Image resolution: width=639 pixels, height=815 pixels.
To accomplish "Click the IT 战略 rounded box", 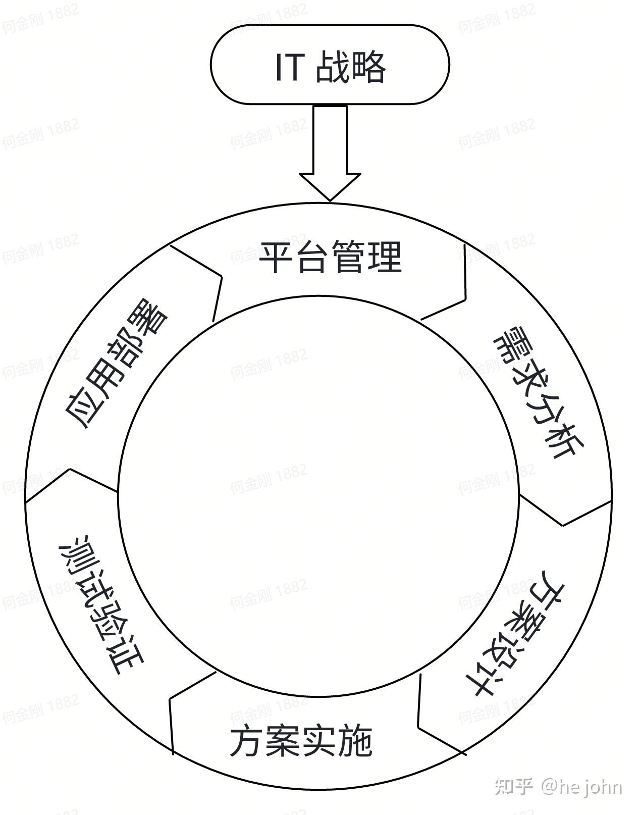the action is click(x=329, y=65).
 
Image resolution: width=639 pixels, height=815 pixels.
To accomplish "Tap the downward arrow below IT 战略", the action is click(x=330, y=151).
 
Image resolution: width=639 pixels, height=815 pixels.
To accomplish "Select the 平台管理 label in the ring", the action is click(x=330, y=258).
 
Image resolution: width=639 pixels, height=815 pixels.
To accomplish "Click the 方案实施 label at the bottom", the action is click(x=301, y=741).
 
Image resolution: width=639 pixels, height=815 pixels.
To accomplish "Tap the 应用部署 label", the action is click(x=116, y=366).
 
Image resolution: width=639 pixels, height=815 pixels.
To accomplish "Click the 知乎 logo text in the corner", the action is click(x=514, y=786).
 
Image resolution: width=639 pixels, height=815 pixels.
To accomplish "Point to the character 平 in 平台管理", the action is click(x=277, y=258).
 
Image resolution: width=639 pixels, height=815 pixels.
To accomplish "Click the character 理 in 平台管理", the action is click(x=385, y=258).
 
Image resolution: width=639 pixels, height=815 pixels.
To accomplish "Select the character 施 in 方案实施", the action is click(x=355, y=741).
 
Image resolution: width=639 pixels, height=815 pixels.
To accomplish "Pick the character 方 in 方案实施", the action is click(x=247, y=741).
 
